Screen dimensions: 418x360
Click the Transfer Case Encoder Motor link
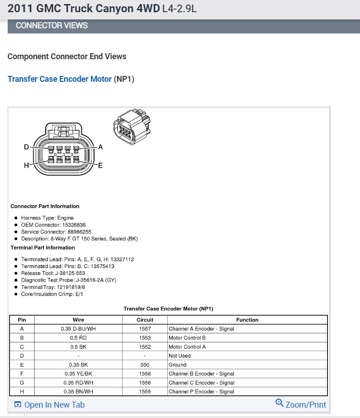point(59,79)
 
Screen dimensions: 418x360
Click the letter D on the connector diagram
point(26,147)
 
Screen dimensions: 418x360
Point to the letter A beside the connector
point(100,147)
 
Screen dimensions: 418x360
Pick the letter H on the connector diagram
point(26,165)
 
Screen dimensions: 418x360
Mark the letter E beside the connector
point(100,165)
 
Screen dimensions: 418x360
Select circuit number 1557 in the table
point(145,329)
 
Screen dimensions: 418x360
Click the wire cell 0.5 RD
point(78,338)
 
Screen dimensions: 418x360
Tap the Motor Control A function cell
point(187,347)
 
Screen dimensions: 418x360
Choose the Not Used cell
point(180,356)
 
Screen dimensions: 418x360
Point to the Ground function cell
point(177,365)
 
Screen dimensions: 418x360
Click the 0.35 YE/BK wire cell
point(78,374)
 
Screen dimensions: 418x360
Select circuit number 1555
point(145,392)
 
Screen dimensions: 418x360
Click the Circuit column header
point(145,320)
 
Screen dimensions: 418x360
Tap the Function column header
point(247,320)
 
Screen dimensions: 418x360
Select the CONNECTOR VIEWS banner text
point(52,26)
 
